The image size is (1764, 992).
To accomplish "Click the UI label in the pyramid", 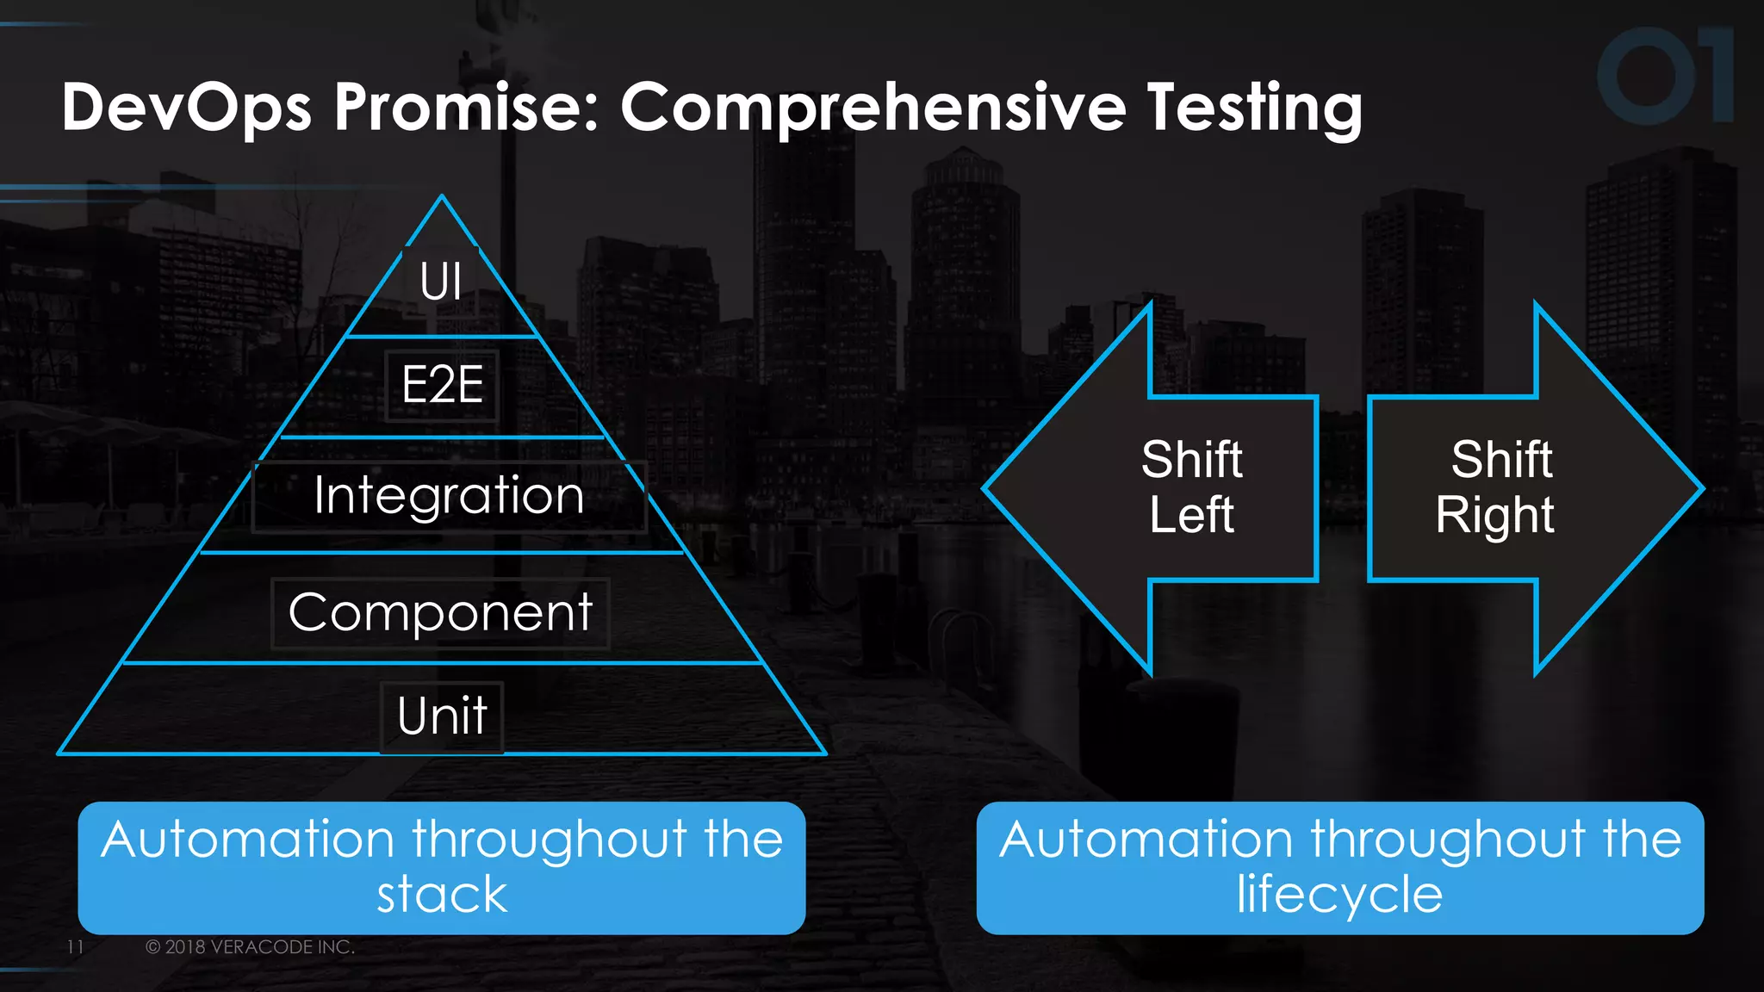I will (x=440, y=282).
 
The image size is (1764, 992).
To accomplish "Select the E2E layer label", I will (x=442, y=385).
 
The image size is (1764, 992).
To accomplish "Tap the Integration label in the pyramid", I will (x=449, y=495).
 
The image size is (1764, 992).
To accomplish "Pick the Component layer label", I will (x=440, y=612).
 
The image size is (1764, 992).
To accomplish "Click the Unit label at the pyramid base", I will (x=442, y=716).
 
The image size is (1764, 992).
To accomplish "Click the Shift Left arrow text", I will (x=1191, y=487).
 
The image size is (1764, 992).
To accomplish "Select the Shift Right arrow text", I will (x=1496, y=487).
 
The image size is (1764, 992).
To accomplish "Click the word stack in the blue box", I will (x=442, y=895).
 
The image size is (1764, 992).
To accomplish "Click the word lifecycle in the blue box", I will (x=1339, y=895).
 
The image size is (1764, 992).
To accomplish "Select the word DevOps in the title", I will (x=186, y=107).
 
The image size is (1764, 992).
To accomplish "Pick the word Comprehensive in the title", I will (x=873, y=108).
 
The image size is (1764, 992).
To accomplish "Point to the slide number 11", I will (x=75, y=946).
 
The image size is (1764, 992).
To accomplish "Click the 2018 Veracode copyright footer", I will (x=250, y=946).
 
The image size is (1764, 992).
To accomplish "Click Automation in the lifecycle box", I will (x=1146, y=840).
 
